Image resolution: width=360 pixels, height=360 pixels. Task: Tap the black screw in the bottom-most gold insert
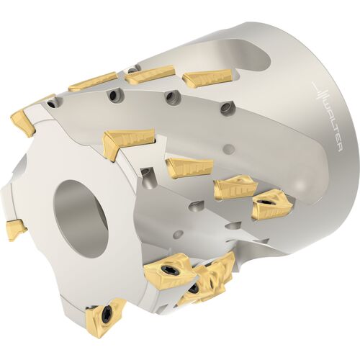coord(106,313)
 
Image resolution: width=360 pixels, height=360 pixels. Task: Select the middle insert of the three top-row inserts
coord(149,75)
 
